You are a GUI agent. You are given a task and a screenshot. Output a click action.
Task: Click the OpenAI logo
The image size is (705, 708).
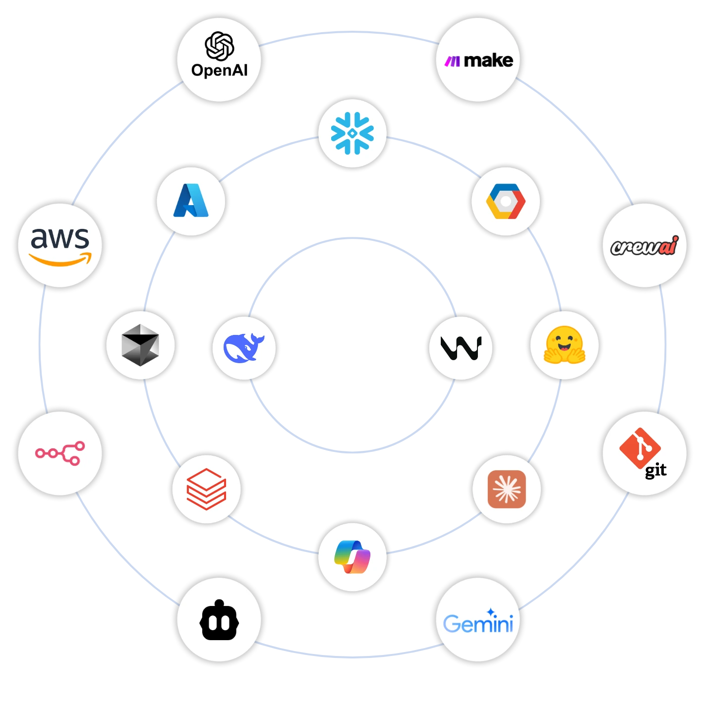tap(220, 55)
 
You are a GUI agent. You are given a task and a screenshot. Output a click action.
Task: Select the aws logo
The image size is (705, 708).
tap(60, 245)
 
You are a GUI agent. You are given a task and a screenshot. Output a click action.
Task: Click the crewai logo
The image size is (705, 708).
tap(644, 246)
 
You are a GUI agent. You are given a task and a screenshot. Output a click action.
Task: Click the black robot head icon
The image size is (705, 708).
tap(219, 620)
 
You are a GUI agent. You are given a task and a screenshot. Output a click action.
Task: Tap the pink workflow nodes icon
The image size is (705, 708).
tap(60, 453)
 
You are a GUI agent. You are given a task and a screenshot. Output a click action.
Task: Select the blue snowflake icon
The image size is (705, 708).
tap(352, 133)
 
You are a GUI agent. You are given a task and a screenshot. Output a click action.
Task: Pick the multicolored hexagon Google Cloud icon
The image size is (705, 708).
tap(506, 201)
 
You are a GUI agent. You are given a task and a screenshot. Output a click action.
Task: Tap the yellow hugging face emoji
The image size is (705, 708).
tap(564, 345)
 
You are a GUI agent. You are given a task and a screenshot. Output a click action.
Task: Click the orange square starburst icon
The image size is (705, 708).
tap(507, 489)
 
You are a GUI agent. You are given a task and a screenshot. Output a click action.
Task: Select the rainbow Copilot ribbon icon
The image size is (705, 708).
tap(352, 556)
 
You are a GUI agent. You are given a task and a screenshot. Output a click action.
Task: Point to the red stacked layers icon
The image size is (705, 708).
tap(206, 489)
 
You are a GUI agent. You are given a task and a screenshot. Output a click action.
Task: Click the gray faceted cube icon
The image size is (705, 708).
tap(140, 345)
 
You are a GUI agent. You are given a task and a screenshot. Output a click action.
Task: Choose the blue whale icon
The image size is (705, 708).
tap(244, 348)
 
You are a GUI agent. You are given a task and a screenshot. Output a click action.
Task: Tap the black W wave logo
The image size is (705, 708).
tap(461, 348)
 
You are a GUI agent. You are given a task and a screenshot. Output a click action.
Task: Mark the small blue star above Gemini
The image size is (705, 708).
tap(491, 612)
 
